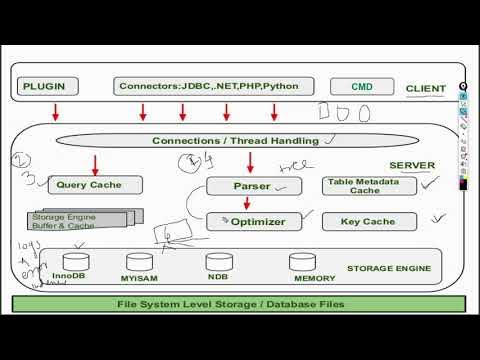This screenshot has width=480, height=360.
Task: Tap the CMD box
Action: click(361, 87)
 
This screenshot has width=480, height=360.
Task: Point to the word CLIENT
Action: click(425, 89)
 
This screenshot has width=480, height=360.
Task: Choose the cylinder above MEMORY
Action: click(304, 261)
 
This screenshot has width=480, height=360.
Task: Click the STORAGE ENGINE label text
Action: click(389, 268)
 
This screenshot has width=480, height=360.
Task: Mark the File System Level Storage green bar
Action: click(237, 304)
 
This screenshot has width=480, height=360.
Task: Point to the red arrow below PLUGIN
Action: click(56, 109)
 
